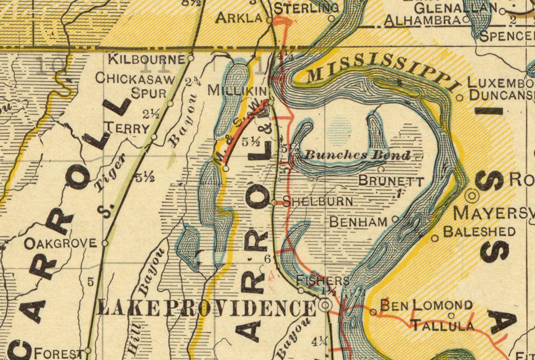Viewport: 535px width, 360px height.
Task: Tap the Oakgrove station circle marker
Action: click(105, 243)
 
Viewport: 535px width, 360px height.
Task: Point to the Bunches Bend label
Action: click(357, 155)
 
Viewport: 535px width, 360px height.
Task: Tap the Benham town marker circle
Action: click(395, 219)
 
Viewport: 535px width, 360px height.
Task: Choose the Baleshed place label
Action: click(479, 232)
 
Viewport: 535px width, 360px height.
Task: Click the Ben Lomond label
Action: click(426, 306)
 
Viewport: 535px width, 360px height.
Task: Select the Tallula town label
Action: click(442, 325)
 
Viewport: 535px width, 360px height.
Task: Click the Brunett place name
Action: click(391, 181)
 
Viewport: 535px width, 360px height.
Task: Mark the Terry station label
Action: click(126, 128)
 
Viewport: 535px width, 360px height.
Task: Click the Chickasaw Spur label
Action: click(134, 86)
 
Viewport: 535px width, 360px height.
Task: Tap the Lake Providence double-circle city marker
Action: click(326, 305)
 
